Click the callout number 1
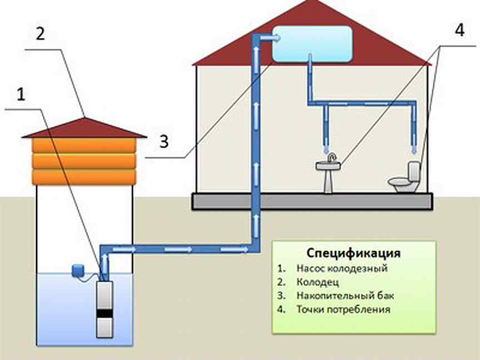click(21, 94)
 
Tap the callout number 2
click(41, 33)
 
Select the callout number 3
click(164, 142)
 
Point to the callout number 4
click(459, 30)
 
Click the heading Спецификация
click(353, 253)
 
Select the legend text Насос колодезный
click(342, 268)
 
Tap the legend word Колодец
click(317, 282)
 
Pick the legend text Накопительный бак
click(345, 296)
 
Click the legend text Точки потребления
click(343, 309)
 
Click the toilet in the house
click(404, 178)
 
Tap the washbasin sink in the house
click(328, 173)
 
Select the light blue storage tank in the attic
click(312, 44)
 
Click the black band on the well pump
click(104, 313)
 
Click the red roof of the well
click(84, 128)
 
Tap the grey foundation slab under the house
click(313, 201)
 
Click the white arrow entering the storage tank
click(271, 38)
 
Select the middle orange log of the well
click(84, 161)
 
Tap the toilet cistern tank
click(413, 171)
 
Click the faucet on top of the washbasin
click(331, 157)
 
